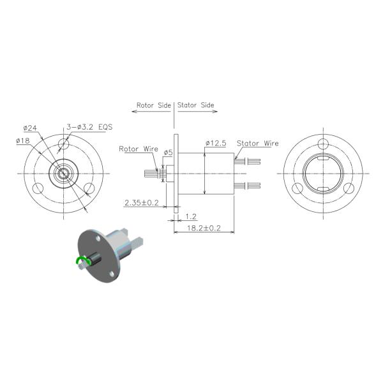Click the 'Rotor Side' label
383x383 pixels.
click(x=153, y=105)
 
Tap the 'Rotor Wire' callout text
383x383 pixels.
click(x=139, y=149)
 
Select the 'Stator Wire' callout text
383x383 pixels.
click(x=258, y=144)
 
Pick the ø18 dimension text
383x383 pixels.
click(x=24, y=141)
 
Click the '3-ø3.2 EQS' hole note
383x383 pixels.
click(x=89, y=126)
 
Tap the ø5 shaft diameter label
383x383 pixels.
click(x=169, y=153)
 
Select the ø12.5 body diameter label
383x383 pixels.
click(x=216, y=143)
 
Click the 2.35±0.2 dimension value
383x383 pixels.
click(x=141, y=203)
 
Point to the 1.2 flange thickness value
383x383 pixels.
click(x=191, y=216)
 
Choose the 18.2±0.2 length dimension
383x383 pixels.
click(x=203, y=228)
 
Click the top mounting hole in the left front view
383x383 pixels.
click(x=63, y=143)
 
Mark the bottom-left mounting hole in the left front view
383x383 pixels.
click(x=38, y=188)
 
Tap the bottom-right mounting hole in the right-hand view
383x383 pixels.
click(x=349, y=188)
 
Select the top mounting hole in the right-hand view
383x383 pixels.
click(x=322, y=143)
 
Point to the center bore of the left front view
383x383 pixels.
click(x=63, y=173)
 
